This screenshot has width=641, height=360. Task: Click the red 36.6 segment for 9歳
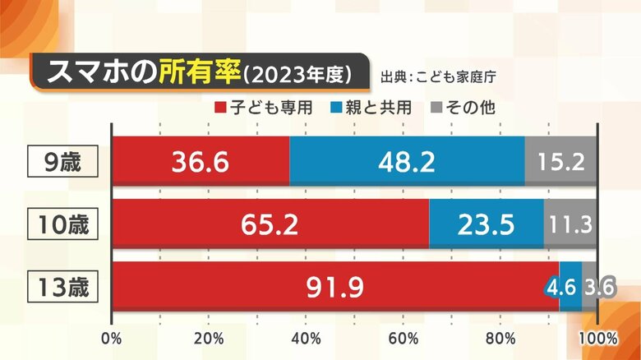tap(201, 161)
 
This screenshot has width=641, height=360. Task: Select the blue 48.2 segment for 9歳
tap(407, 161)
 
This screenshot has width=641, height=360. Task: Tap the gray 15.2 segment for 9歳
tap(561, 161)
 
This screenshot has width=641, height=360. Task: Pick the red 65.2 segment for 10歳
tap(270, 224)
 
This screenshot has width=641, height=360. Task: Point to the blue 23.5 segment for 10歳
tap(486, 224)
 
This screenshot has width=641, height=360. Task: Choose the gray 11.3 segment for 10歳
tap(570, 224)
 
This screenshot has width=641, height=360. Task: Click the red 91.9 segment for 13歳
tap(335, 287)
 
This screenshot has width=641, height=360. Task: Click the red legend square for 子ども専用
tap(219, 108)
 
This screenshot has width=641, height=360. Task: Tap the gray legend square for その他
tap(436, 108)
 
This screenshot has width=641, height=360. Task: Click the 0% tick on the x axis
tap(112, 338)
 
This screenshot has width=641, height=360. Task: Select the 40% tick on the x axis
tap(307, 338)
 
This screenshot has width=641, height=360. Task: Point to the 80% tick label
tap(501, 338)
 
